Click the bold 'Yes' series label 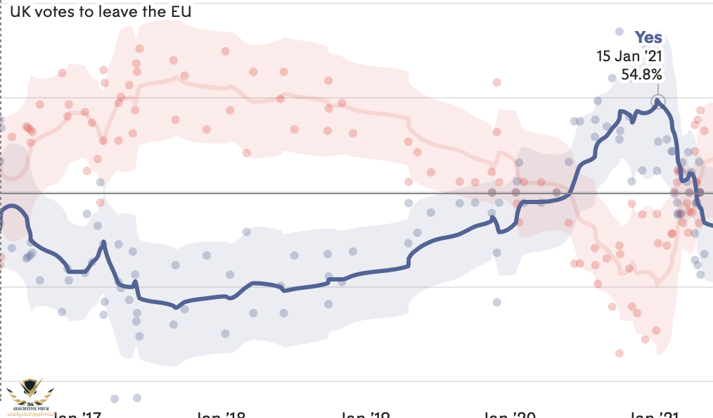[x=648, y=38]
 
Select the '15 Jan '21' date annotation [x=629, y=56]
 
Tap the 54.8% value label [x=641, y=73]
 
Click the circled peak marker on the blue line [x=658, y=101]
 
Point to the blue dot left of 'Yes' [x=619, y=32]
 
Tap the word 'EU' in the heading [x=181, y=11]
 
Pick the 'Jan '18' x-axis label [x=220, y=414]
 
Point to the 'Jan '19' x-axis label [x=365, y=414]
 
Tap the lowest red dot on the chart [x=619, y=353]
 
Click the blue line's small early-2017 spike [x=104, y=243]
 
